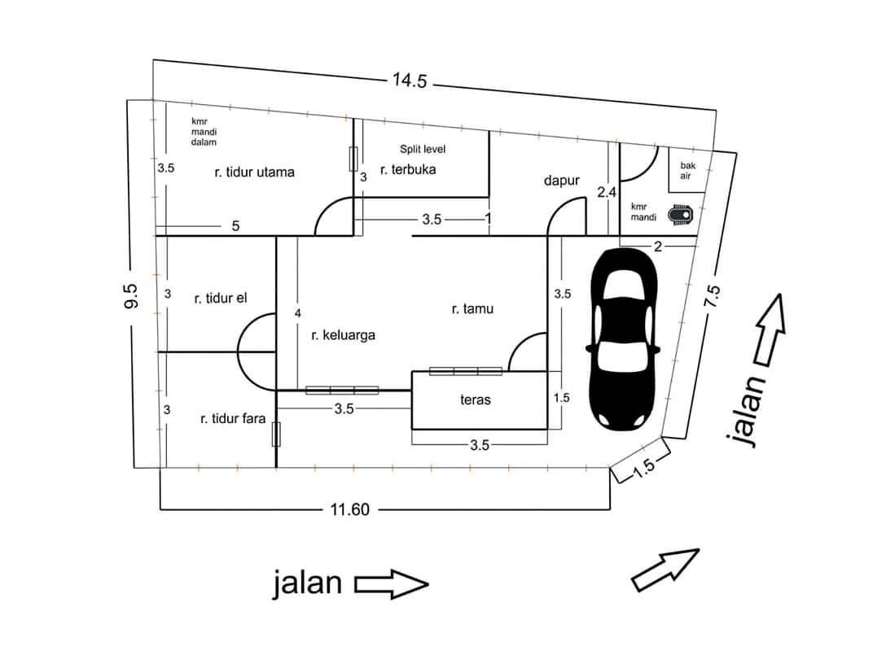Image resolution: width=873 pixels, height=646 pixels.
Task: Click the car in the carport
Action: click(x=623, y=339)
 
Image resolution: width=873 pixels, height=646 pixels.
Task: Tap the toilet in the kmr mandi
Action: click(x=680, y=215)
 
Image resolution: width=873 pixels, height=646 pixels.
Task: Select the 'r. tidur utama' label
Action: click(x=254, y=172)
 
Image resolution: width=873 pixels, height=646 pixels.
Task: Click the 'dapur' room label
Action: click(x=561, y=181)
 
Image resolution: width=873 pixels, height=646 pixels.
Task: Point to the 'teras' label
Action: click(x=476, y=399)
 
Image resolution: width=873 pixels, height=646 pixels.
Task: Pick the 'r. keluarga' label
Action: click(x=343, y=335)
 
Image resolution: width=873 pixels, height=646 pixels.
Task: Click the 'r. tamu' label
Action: click(x=472, y=309)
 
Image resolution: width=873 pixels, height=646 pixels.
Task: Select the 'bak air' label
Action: click(x=687, y=171)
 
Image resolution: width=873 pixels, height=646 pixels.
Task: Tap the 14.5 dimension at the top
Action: click(x=410, y=81)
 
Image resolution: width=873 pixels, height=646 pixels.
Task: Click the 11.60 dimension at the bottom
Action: click(x=349, y=509)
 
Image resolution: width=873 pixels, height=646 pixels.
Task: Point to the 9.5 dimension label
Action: click(x=131, y=296)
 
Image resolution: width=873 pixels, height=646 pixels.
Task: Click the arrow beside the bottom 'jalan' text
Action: click(x=392, y=584)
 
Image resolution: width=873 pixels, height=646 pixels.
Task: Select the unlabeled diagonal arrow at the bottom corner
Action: click(x=665, y=570)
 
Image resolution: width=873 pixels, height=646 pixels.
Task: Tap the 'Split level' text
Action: click(x=423, y=149)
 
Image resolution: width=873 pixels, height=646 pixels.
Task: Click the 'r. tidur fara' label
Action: click(x=233, y=418)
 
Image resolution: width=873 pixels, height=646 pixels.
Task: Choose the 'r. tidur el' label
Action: click(x=221, y=299)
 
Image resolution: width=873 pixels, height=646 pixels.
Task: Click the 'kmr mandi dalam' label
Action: click(x=204, y=132)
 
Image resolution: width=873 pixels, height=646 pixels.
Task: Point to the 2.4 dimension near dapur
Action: click(x=607, y=193)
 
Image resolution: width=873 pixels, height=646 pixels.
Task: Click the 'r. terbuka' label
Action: click(x=408, y=170)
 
